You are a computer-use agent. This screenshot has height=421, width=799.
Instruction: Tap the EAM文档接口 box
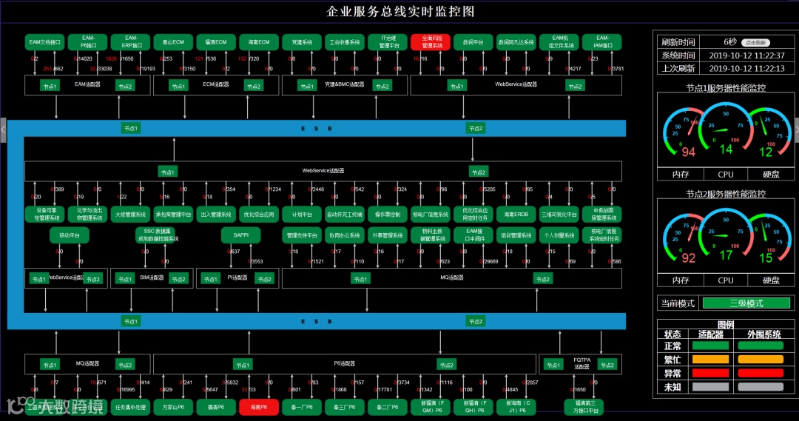click(x=44, y=42)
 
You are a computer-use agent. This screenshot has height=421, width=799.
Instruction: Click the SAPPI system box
click(x=241, y=235)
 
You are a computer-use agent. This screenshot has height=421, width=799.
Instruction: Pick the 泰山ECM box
click(x=173, y=42)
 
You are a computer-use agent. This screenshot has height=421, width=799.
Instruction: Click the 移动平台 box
click(x=70, y=235)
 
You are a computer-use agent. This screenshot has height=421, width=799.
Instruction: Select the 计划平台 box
click(x=301, y=215)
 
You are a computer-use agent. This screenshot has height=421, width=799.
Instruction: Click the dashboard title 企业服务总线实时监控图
click(x=399, y=11)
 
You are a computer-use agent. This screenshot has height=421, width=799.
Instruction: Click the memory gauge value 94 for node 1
click(x=688, y=152)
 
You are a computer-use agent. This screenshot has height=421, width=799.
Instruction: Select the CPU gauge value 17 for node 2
click(x=726, y=255)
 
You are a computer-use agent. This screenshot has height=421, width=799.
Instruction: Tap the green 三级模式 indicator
click(x=746, y=303)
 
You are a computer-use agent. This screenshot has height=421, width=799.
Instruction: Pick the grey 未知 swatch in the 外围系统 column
click(x=761, y=386)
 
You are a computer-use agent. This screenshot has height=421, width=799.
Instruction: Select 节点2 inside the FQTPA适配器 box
click(x=606, y=365)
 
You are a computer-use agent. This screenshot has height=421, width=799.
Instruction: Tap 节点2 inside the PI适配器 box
click(x=264, y=279)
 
